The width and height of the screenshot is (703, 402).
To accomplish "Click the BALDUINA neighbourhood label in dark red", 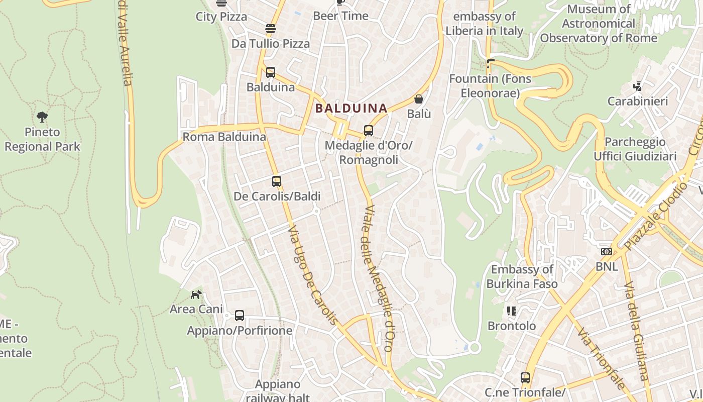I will point(351,108).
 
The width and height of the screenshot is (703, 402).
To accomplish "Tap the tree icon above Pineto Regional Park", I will point(42,118).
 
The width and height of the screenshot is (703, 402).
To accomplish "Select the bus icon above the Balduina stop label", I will point(271,72).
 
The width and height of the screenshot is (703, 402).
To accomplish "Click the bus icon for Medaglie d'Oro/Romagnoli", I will point(368,131).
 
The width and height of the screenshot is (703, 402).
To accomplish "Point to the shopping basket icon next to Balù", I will point(419,99).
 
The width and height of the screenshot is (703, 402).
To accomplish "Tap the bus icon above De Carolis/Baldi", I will point(277,181).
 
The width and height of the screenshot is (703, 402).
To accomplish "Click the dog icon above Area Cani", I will point(196,294).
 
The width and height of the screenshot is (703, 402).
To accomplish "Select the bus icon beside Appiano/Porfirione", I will point(240,316).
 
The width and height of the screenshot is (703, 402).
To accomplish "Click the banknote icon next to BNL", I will point(607,251).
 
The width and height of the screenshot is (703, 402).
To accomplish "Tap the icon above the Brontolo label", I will point(512,311).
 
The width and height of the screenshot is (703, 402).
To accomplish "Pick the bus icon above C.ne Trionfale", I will point(525,377).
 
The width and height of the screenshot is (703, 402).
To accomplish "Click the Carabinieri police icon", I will point(638,86).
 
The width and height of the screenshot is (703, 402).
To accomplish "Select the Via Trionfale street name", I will point(600,358).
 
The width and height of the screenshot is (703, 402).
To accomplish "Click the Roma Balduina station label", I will point(224,137).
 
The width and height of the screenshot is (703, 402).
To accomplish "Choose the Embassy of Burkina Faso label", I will point(522,276).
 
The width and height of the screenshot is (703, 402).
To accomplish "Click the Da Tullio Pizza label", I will point(271,44).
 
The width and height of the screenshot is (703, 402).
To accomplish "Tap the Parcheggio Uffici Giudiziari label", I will point(635,149).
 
